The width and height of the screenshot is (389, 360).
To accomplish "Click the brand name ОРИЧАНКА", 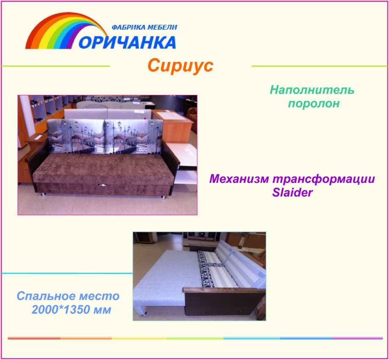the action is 127,42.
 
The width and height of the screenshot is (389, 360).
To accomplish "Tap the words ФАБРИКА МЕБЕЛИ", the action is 144,27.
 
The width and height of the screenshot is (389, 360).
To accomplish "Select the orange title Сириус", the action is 180,66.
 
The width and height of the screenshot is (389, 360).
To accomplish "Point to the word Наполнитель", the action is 312,90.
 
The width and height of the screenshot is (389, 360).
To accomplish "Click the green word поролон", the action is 314,103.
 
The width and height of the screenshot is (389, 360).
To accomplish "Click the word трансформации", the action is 324,179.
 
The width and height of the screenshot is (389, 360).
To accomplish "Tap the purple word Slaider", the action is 292,192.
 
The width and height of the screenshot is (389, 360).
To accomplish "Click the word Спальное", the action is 46,296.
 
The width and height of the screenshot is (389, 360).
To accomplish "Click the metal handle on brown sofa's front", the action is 102,185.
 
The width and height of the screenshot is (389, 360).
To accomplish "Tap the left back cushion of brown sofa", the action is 76,136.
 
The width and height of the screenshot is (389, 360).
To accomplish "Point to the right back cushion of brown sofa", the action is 134,136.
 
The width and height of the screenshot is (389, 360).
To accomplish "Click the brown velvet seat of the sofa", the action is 104,168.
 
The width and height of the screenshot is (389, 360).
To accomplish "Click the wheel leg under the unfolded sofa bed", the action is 142,311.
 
